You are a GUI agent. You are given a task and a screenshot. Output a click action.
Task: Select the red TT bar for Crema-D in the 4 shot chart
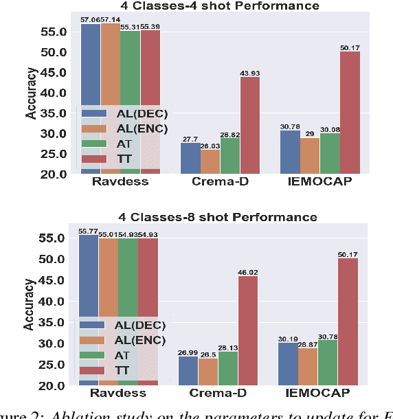point(250,125)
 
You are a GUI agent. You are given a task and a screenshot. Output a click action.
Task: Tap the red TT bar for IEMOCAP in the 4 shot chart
point(350,113)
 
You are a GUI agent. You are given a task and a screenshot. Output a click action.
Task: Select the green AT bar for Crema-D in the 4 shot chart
point(230,156)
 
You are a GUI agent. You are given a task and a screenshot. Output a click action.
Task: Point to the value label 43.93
point(250,73)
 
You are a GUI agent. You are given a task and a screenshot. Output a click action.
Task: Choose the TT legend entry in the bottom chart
point(124,370)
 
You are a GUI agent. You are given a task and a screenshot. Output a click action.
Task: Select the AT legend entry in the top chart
point(124,144)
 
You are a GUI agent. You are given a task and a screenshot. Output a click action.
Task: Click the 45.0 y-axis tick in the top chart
point(54,73)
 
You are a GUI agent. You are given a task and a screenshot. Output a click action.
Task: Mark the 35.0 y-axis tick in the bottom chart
point(54,322)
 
